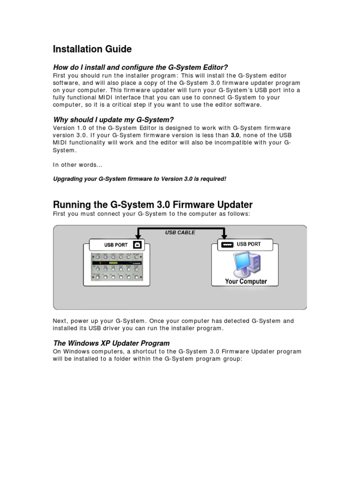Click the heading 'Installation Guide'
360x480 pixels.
[92, 49]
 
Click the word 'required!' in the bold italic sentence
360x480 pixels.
[213, 179]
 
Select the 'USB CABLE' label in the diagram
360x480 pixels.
[180, 232]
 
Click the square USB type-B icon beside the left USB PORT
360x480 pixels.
[136, 244]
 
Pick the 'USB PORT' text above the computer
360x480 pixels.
[248, 244]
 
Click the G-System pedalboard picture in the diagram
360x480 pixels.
[117, 269]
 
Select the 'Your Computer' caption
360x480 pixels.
[246, 282]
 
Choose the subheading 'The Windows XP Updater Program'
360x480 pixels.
[112, 343]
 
